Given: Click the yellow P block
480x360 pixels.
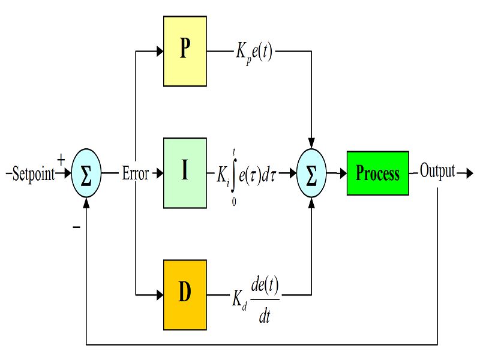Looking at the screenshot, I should (185, 50).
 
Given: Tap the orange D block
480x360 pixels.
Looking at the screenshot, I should (185, 295).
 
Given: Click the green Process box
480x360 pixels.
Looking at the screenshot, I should (377, 173).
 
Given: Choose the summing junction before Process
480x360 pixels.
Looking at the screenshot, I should (311, 174).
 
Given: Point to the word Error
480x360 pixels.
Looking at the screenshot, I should (136, 174).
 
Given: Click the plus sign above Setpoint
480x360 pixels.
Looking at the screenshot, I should (61, 160).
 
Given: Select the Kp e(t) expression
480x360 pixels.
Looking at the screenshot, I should (254, 53).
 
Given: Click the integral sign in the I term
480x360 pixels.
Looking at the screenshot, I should (234, 174).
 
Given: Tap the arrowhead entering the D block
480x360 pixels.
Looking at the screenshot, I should (160, 295).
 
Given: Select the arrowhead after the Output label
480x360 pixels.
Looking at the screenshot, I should (470, 174).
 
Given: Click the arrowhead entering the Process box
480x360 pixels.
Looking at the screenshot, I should (343, 174).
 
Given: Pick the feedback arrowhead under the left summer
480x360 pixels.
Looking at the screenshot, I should (86, 202).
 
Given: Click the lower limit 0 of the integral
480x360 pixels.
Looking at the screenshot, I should (233, 202).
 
